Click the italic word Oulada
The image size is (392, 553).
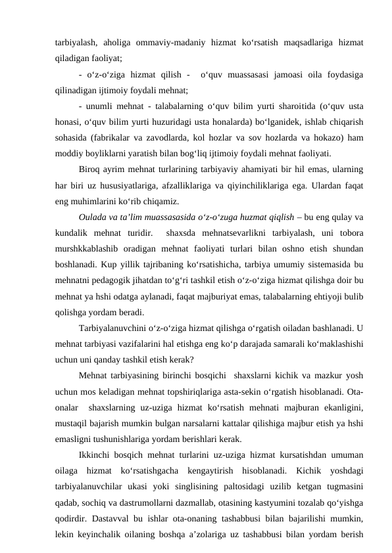click(93, 218)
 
